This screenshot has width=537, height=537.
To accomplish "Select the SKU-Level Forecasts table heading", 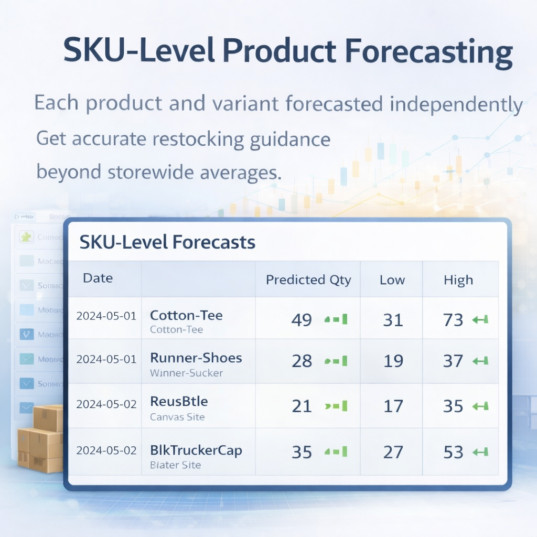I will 167,242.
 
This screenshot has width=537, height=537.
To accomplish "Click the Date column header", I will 98,278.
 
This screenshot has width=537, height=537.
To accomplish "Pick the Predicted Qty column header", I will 308,280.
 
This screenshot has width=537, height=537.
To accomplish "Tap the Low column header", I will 392,280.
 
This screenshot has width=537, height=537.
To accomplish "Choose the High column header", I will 458,281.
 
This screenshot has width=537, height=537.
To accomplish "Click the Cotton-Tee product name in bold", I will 186,315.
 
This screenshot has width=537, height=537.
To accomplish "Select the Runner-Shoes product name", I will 196,358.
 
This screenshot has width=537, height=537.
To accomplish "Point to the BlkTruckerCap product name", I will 196,450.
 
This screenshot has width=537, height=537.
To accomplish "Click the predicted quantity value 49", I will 302,320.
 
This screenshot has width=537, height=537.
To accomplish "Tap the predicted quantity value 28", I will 302,361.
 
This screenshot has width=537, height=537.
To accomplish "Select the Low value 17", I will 393,406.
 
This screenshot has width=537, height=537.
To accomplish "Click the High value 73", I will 453,320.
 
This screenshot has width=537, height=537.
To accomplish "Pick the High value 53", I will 453,452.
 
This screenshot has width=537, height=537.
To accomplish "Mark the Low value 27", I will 393,452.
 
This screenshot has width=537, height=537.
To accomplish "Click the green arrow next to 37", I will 480,361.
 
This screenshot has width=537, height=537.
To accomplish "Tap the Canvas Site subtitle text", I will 177,417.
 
